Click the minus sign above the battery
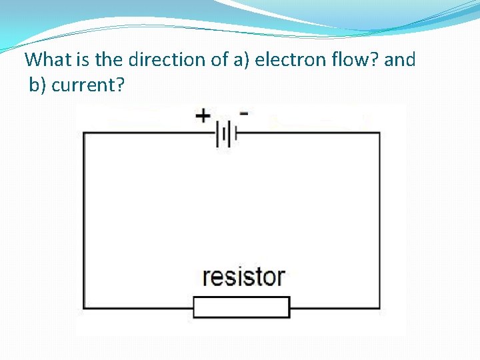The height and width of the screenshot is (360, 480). pyautogui.click(x=244, y=113)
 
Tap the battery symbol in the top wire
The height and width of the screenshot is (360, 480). pyautogui.click(x=227, y=135)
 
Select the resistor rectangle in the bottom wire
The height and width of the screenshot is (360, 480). pyautogui.click(x=241, y=307)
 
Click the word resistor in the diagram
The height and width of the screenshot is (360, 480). pyautogui.click(x=243, y=276)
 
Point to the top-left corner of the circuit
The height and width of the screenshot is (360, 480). pyautogui.click(x=83, y=134)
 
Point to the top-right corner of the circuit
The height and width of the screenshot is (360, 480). pyautogui.click(x=380, y=134)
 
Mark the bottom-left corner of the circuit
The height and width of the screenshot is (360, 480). pyautogui.click(x=83, y=307)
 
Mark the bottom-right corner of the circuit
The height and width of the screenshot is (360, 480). pyautogui.click(x=380, y=307)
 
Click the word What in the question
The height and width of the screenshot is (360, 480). pyautogui.click(x=47, y=60)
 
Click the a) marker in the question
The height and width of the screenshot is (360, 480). pyautogui.click(x=241, y=60)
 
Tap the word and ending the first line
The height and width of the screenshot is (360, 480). pyautogui.click(x=400, y=60)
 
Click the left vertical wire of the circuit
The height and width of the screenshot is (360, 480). pyautogui.click(x=83, y=220)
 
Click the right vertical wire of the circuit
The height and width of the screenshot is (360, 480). pyautogui.click(x=380, y=220)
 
